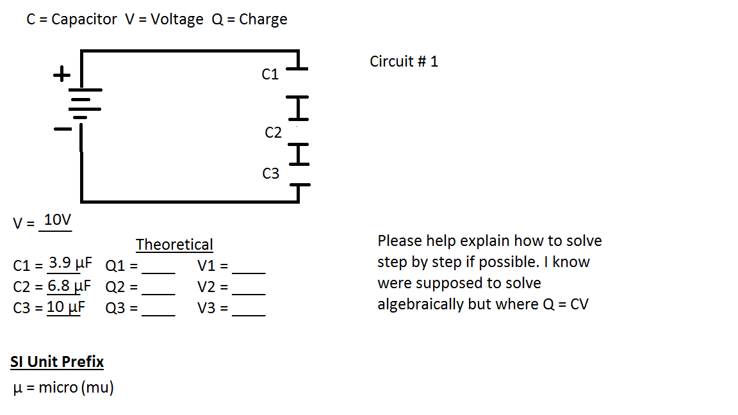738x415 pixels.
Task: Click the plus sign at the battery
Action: click(x=61, y=75)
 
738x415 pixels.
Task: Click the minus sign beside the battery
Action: click(x=62, y=129)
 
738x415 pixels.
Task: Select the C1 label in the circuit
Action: click(x=270, y=75)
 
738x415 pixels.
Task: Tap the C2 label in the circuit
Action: click(x=273, y=133)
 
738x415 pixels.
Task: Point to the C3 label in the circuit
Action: click(x=271, y=174)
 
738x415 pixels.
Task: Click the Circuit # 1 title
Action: click(x=404, y=61)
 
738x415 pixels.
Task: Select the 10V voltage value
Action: click(x=57, y=220)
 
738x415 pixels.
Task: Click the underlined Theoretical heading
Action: click(x=174, y=245)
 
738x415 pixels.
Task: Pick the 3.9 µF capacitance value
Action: click(x=70, y=263)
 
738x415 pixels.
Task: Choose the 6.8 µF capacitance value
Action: click(x=69, y=285)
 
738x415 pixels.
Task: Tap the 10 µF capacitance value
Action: click(x=66, y=307)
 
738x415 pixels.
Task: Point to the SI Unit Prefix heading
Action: click(x=57, y=362)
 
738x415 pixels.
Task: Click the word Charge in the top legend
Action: click(x=263, y=19)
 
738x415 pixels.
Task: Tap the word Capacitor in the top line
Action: click(x=84, y=19)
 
